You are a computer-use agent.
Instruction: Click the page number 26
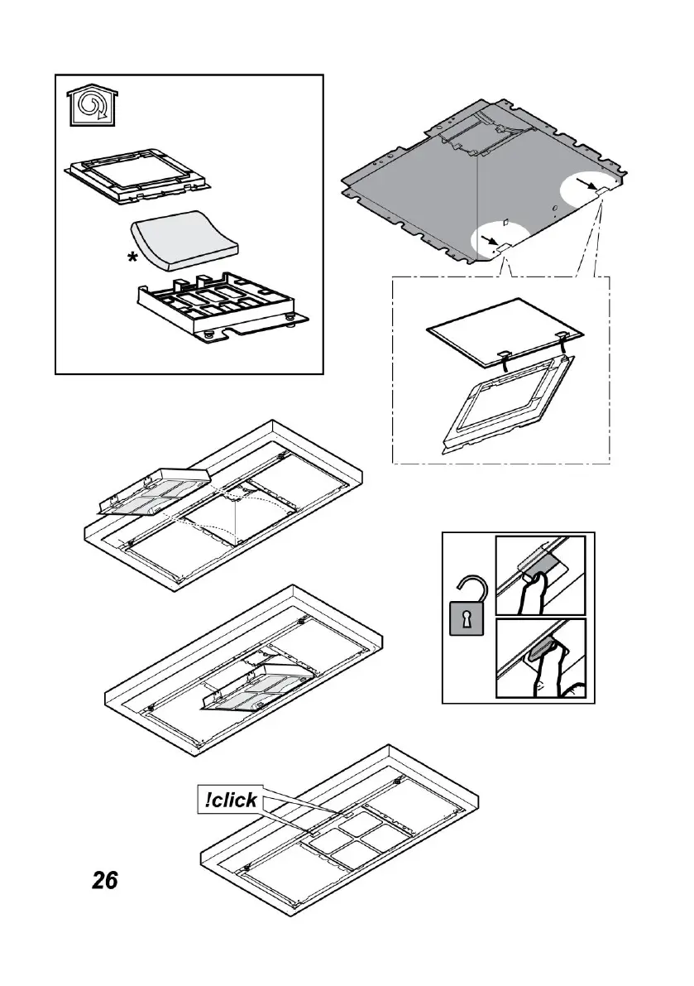104,880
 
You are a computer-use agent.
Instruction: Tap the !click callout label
227,800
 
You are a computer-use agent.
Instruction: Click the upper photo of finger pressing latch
539,574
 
